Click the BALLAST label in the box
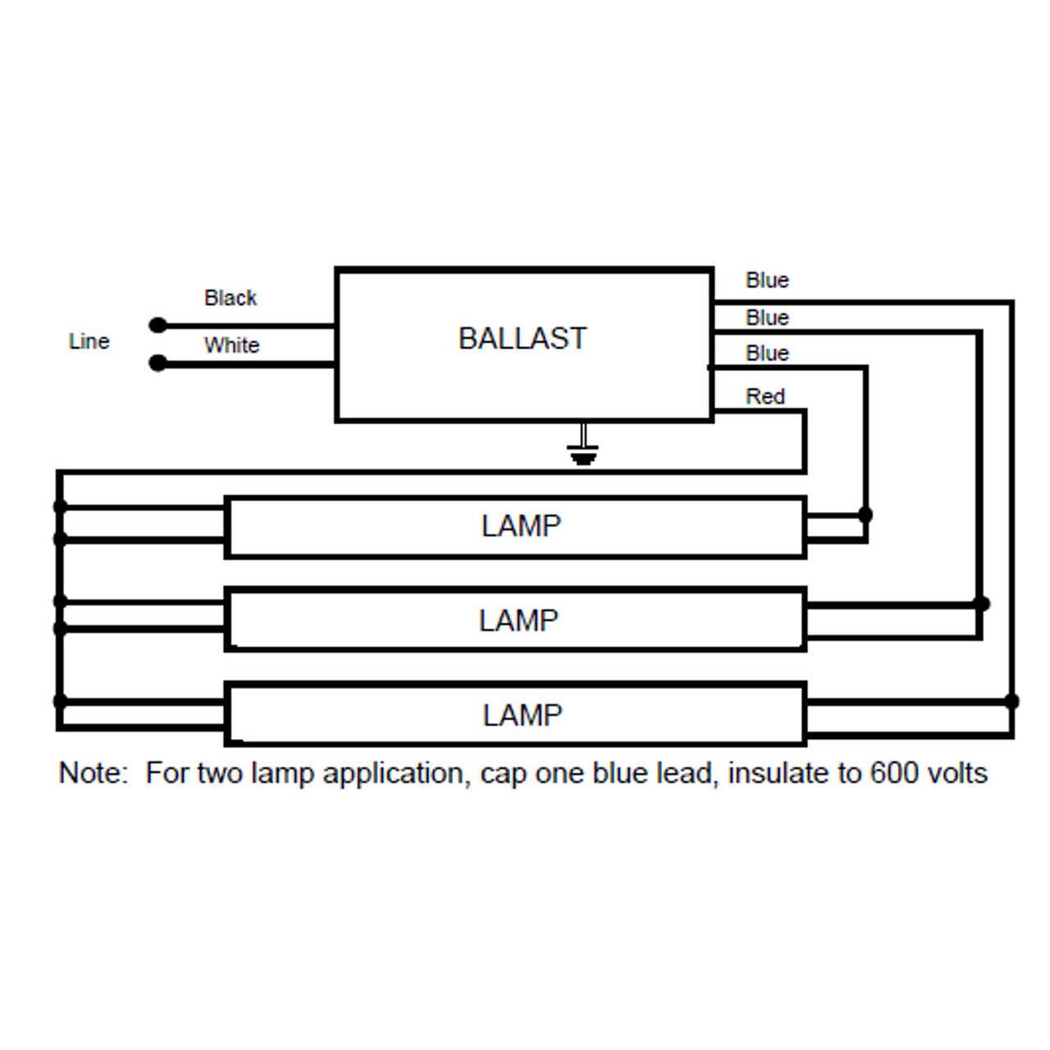pyautogui.click(x=523, y=339)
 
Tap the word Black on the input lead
pyautogui.click(x=231, y=298)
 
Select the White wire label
pyautogui.click(x=231, y=345)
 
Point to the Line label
pyautogui.click(x=89, y=341)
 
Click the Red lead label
pyautogui.click(x=765, y=397)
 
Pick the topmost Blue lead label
pyautogui.click(x=767, y=281)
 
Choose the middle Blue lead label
pyautogui.click(x=767, y=317)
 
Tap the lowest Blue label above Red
pyautogui.click(x=767, y=354)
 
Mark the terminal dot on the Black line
pyautogui.click(x=158, y=326)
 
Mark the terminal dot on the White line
pyautogui.click(x=158, y=363)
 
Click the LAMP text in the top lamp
pyautogui.click(x=521, y=527)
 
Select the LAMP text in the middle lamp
pyautogui.click(x=518, y=621)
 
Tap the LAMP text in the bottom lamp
pyautogui.click(x=522, y=715)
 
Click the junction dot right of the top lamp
pyautogui.click(x=865, y=514)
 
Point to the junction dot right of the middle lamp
pyautogui.click(x=981, y=603)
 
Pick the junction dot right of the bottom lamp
pyautogui.click(x=1011, y=701)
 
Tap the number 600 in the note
pyautogui.click(x=889, y=774)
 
